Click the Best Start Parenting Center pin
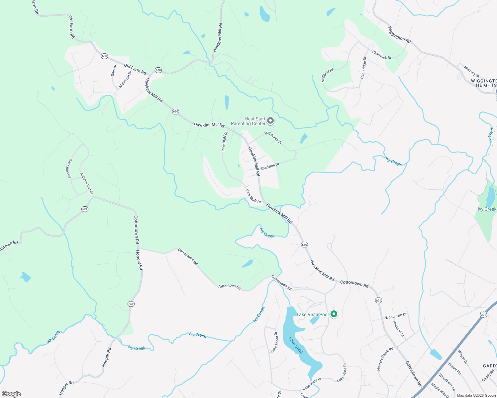click(270, 121)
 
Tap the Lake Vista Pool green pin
click(334, 314)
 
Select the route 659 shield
click(158, 70)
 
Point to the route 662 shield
click(131, 304)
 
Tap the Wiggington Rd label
click(399, 35)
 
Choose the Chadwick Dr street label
click(382, 55)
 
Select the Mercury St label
click(472, 71)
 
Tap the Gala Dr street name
click(114, 70)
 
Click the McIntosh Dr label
click(126, 79)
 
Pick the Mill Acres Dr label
click(273, 138)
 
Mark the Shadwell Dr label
click(270, 166)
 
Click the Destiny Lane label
click(68, 168)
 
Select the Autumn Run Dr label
click(86, 183)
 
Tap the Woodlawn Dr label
click(396, 316)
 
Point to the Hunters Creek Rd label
click(385, 359)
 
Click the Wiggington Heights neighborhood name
click(484, 83)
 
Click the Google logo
click(11, 394)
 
